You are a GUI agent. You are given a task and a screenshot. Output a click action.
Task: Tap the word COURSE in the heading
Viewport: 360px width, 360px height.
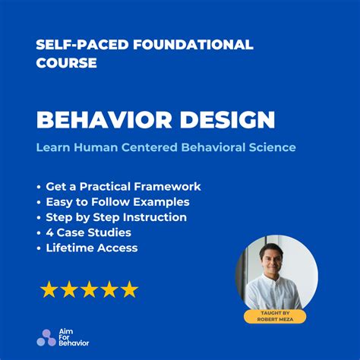tap(66, 63)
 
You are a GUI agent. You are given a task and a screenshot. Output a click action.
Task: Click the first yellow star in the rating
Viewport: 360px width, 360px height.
tap(49, 289)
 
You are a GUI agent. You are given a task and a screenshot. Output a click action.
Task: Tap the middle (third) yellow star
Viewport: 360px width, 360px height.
tap(89, 289)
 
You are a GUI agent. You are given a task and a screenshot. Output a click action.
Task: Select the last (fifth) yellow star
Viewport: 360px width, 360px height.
tap(129, 289)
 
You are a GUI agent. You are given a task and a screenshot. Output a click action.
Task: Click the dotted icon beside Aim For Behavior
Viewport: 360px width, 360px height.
tap(46, 338)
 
